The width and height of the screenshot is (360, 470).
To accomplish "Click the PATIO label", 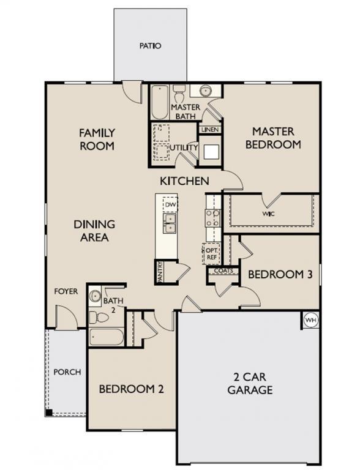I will (150, 45).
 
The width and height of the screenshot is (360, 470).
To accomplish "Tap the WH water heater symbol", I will (310, 320).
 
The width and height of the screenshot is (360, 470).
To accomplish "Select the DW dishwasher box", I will (170, 204).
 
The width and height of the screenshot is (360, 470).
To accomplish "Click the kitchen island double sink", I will (170, 223).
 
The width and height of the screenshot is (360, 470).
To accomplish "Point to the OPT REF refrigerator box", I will (210, 253).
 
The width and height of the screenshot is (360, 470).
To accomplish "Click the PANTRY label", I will (160, 272).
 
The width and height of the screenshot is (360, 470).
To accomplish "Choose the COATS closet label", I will (223, 271).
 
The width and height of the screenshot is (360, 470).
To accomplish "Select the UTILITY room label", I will (184, 147).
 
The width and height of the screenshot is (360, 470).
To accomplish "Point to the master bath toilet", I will (179, 95).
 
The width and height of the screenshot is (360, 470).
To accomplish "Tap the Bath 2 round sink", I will (95, 297).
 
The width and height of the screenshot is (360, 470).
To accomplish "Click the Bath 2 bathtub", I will (107, 337).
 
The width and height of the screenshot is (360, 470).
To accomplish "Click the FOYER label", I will (66, 291).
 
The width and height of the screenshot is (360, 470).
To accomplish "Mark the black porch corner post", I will (50, 412).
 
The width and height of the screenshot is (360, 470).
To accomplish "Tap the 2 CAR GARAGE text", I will (250, 384).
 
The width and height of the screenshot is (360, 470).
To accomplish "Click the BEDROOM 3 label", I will (280, 274).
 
